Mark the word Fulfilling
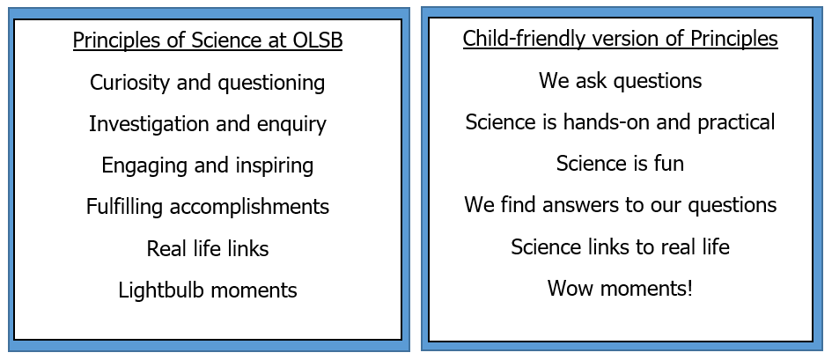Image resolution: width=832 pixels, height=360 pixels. pyautogui.click(x=124, y=207)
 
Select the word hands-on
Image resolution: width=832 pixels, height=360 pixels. pyautogui.click(x=607, y=122)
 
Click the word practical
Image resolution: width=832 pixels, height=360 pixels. pyautogui.click(x=737, y=123)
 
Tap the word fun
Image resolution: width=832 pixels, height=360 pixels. pyautogui.click(x=670, y=164)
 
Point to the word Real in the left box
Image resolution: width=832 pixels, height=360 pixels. pyautogui.click(x=162, y=249)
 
